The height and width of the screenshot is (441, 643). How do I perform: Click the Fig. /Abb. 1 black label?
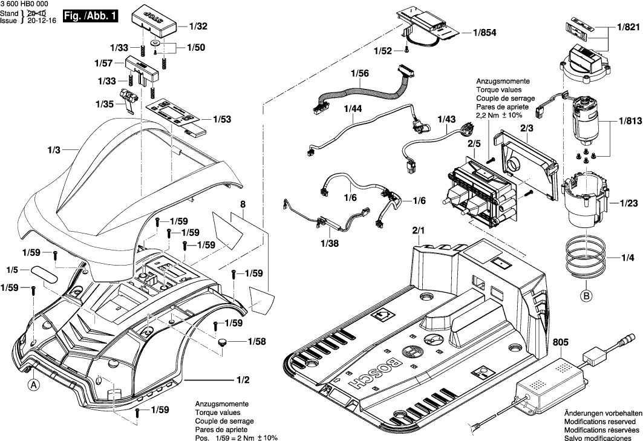tap(91, 17)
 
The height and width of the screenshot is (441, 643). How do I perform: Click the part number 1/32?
tap(198, 27)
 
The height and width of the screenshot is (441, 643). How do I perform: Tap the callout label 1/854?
tap(485, 34)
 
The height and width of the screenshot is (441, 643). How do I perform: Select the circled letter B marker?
tap(586, 296)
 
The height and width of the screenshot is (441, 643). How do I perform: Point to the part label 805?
tap(561, 342)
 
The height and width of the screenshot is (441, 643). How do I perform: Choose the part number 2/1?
tap(419, 230)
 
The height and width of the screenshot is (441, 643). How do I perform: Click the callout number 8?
tap(242, 205)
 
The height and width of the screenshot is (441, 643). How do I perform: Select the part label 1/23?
tap(627, 203)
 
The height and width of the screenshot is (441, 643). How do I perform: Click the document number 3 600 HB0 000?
tap(24, 4)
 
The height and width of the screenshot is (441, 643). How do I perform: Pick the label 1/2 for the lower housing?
tap(243, 380)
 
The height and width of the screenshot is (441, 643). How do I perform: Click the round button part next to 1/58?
tap(224, 343)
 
